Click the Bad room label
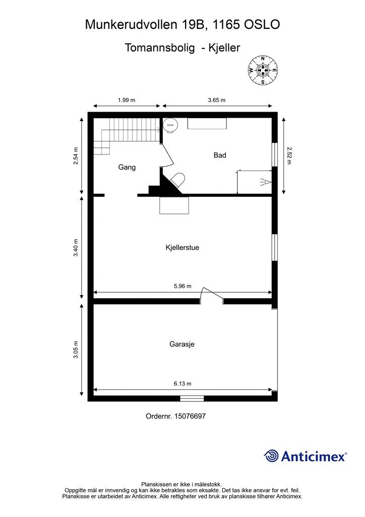coord(219,155)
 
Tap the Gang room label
coord(127,167)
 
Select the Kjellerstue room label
coord(182,247)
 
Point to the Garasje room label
coord(182,344)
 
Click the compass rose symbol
coord(263,70)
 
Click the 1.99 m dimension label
coord(127,100)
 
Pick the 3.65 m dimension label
coord(217,100)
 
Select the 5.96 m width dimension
coord(182,286)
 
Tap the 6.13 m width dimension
coord(182,384)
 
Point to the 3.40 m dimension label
coord(76,247)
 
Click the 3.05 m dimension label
coord(76,349)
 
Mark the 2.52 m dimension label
coord(289,156)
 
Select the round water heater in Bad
coord(171,125)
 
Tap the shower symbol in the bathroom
coord(266,182)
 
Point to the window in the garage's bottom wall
coord(192,398)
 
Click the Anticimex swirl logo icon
coord(271,456)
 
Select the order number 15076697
coord(190,416)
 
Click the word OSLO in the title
coord(262,24)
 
